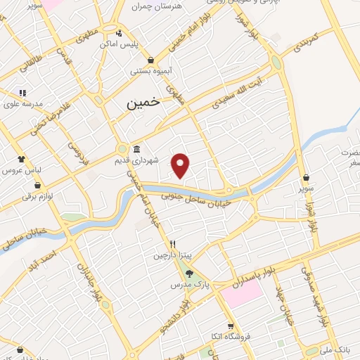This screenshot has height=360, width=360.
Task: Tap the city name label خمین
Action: point(143,103)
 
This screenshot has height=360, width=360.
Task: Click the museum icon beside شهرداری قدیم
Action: point(136,149)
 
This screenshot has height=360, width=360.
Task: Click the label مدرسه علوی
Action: point(25,104)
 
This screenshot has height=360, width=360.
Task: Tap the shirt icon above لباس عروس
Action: point(22,159)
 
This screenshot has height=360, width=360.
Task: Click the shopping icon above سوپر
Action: point(307,179)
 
